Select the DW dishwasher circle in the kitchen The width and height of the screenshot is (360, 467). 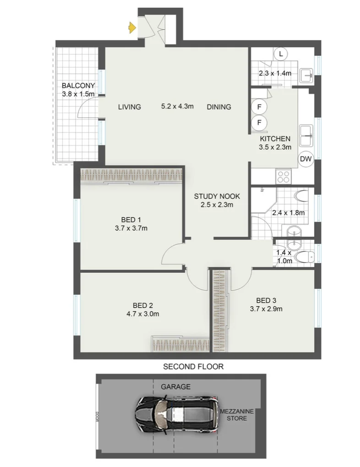[x=305, y=159]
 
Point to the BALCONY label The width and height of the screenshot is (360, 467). [x=78, y=86]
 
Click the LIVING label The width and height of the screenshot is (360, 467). [x=130, y=107]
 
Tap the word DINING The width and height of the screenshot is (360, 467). [x=219, y=107]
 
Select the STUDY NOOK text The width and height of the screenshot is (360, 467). [x=217, y=196]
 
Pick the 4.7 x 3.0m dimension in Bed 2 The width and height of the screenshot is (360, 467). [x=142, y=314]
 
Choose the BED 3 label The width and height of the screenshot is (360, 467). [x=266, y=300]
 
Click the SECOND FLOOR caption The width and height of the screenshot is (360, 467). [x=193, y=366]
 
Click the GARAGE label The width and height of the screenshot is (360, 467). [x=175, y=387]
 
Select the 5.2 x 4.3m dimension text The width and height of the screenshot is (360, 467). [x=177, y=107]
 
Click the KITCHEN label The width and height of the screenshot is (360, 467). [x=275, y=139]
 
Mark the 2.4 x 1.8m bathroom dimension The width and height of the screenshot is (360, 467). [x=289, y=212]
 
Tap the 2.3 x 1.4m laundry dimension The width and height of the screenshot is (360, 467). [x=275, y=73]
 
